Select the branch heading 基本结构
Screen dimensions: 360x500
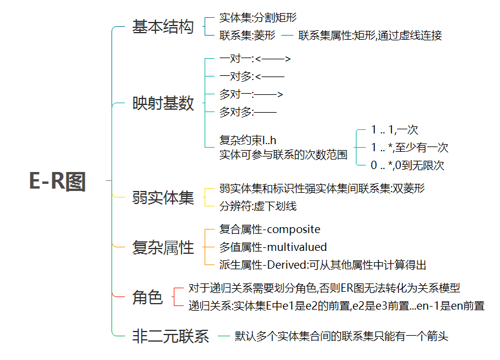(x=163, y=27)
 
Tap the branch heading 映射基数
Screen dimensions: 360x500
(x=163, y=104)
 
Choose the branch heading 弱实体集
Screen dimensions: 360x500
(x=163, y=197)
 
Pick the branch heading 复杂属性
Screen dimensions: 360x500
(x=163, y=247)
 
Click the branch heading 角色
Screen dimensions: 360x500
(x=147, y=298)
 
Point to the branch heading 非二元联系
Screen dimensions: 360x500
(x=170, y=337)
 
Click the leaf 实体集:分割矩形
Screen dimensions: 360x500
(x=258, y=18)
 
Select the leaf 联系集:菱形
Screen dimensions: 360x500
(x=247, y=36)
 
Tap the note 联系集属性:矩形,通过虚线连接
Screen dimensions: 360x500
(x=370, y=36)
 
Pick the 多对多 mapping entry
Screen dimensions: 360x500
(x=248, y=111)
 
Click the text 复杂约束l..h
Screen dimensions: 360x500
(x=248, y=141)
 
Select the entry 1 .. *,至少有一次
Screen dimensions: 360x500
(x=409, y=148)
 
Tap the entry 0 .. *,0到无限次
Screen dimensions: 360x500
(x=407, y=165)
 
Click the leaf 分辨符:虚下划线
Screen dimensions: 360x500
(x=258, y=206)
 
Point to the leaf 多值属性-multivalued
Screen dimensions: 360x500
(x=273, y=247)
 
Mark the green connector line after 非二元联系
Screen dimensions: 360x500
(x=224, y=337)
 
